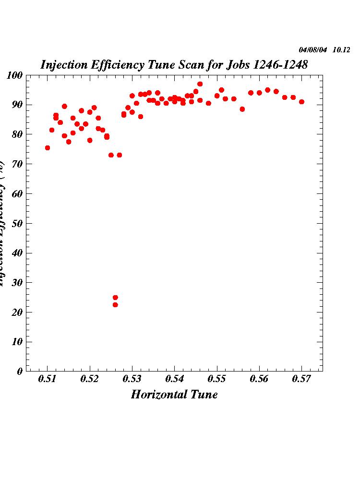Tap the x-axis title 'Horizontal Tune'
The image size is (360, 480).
(174, 395)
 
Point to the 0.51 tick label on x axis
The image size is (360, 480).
(48, 380)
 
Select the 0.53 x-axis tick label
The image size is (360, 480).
(132, 380)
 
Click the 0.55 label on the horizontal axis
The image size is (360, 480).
(217, 380)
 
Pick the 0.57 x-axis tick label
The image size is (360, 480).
(301, 380)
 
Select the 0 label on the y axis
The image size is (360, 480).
(20, 371)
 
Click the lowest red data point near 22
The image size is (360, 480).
(115, 305)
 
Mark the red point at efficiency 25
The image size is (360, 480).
(115, 298)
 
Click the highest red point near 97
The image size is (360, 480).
(200, 84)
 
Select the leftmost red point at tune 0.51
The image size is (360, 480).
(48, 148)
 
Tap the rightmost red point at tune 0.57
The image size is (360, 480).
(301, 102)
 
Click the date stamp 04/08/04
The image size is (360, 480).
(312, 50)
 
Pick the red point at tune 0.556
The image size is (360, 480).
(242, 109)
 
